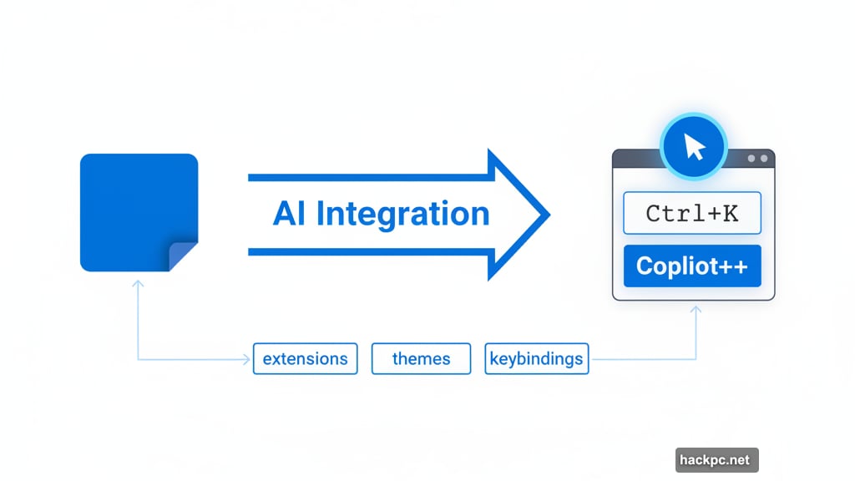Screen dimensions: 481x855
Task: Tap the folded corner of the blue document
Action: pyautogui.click(x=183, y=256)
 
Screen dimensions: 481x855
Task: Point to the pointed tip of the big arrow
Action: pyautogui.click(x=546, y=215)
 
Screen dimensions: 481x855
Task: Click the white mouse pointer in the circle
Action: pyautogui.click(x=694, y=149)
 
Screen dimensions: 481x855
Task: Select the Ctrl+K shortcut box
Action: pyautogui.click(x=692, y=214)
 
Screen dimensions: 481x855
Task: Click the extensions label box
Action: pyautogui.click(x=305, y=359)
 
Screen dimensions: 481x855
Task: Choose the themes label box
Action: pyautogui.click(x=422, y=359)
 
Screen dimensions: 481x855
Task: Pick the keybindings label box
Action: pyautogui.click(x=537, y=359)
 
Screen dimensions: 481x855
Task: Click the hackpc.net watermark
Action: pyautogui.click(x=716, y=460)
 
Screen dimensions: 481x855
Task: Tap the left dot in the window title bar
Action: pyautogui.click(x=751, y=159)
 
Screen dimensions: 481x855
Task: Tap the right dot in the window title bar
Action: pyautogui.click(x=763, y=159)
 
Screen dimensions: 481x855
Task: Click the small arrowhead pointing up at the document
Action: pyautogui.click(x=138, y=286)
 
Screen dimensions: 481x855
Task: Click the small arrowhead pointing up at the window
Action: pyautogui.click(x=696, y=311)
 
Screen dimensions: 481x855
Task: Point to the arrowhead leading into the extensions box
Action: pyautogui.click(x=246, y=360)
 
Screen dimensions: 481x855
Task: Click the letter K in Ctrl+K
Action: pyautogui.click(x=731, y=214)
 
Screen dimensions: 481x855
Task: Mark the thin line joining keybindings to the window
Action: pyautogui.click(x=643, y=360)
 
